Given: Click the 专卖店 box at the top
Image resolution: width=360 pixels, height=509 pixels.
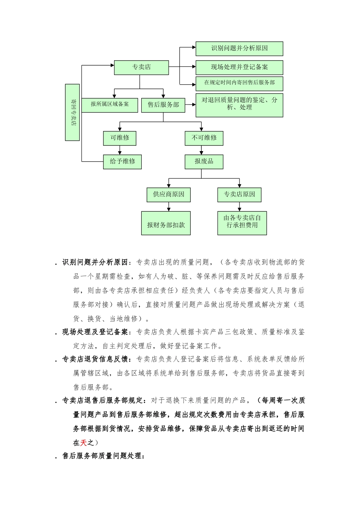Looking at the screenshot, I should point(141,67).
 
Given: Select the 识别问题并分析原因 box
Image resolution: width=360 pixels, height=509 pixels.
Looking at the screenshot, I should point(239,48).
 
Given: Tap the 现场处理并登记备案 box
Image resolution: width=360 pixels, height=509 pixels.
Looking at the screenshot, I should point(239,67).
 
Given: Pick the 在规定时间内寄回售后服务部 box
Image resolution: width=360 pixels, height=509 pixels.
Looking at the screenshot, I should point(239,83).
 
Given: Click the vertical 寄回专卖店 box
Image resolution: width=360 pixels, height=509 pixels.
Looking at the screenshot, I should point(73,112).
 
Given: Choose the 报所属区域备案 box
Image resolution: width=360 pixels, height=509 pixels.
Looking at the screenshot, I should point(110,105).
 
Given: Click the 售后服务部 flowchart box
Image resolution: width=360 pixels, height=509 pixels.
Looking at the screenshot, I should point(163,105).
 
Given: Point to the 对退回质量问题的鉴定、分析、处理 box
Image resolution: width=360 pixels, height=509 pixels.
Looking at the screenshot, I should point(239,105).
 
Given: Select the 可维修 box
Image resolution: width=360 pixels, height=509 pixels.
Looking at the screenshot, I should point(119,138).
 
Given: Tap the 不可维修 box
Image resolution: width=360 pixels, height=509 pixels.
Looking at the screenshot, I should point(204,138).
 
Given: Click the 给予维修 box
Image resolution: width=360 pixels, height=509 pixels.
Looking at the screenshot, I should point(122,162).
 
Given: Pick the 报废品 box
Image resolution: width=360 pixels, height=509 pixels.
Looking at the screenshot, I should point(204,162).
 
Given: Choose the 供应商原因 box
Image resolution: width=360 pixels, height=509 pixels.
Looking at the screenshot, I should point(169,195).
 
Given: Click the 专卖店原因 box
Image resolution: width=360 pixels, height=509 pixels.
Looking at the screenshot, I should point(239,195).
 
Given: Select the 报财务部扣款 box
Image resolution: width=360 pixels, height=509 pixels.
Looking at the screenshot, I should point(166,223).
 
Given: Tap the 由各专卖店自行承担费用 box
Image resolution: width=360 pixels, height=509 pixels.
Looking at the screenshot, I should point(242,223).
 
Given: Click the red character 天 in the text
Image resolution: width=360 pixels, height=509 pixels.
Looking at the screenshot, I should point(84,442).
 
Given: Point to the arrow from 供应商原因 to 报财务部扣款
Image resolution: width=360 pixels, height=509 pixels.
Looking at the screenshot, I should point(169,207).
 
